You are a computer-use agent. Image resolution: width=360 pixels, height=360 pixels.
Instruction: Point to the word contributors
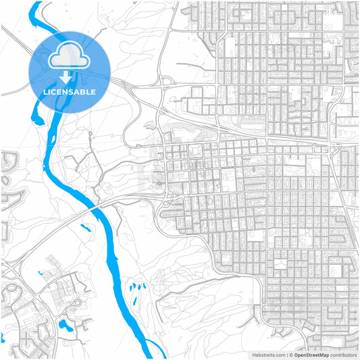click(x=343, y=355)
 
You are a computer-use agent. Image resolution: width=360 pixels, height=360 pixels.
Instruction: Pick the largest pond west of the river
click(x=66, y=325)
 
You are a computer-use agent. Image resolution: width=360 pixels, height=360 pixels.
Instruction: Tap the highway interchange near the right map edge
click(x=331, y=147)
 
